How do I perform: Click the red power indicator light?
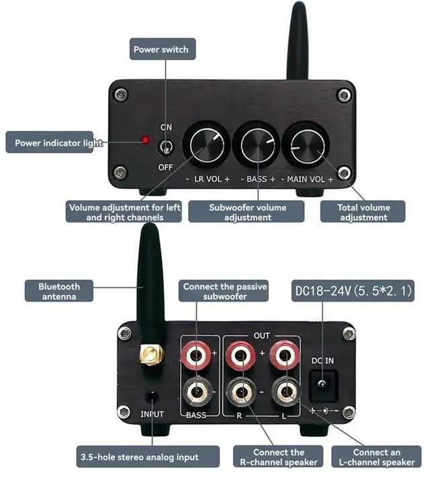[x=143, y=140]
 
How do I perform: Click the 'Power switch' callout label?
[x=161, y=49]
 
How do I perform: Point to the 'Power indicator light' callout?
[x=59, y=142]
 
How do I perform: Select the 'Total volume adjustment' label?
[x=363, y=212]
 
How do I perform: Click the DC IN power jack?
[x=323, y=383]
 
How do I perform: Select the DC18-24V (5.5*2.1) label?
[x=353, y=292]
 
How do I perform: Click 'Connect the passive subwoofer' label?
[x=225, y=292]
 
